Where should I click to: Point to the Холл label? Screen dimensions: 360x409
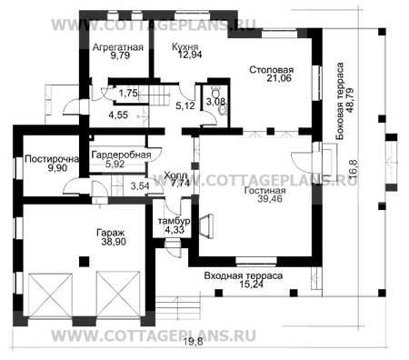(x=178, y=173)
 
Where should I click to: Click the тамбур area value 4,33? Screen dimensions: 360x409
(x=174, y=232)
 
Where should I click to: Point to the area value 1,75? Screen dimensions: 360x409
(x=128, y=94)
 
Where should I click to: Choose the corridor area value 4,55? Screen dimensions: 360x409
(x=118, y=115)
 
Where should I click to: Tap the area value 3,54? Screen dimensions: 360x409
(x=140, y=185)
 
